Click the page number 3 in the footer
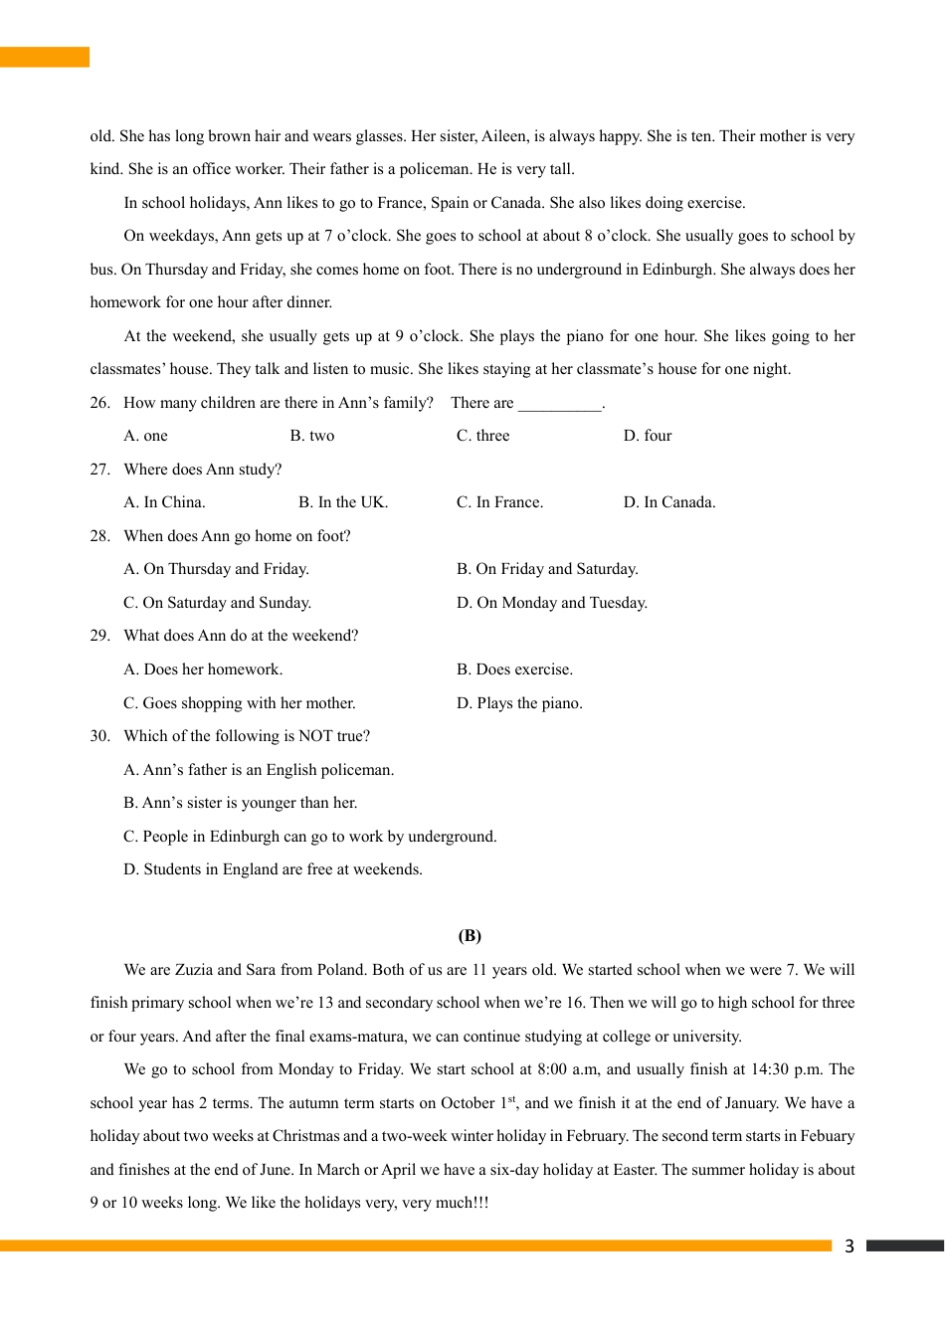tap(849, 1245)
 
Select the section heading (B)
tap(470, 935)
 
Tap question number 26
tap(99, 403)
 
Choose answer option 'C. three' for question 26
tap(482, 436)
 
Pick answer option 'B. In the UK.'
tap(343, 502)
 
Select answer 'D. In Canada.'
tap(668, 502)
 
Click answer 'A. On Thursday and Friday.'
tap(216, 569)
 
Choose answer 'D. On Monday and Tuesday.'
tap(551, 603)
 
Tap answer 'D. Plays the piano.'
tap(519, 703)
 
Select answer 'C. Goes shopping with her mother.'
tap(239, 703)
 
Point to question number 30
tap(99, 736)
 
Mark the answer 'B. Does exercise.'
tap(514, 669)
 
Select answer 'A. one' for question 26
tap(145, 436)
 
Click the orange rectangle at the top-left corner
tap(45, 57)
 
